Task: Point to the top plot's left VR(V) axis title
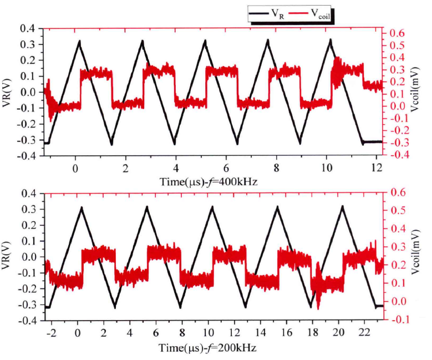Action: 11,90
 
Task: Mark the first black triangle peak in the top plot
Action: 79,40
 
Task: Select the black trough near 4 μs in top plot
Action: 175,144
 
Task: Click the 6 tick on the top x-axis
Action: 226,166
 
